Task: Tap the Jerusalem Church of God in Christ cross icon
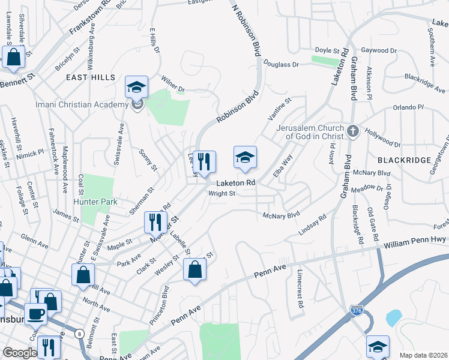coord(353,130)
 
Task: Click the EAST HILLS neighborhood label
coord(91,77)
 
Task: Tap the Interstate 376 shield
coord(355,310)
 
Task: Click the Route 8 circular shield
coord(79,334)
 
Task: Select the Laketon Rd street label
coord(236,182)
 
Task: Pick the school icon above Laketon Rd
coord(245,158)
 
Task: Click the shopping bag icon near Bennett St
coord(14,58)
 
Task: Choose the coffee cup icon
coord(36,313)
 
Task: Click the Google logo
coord(19,353)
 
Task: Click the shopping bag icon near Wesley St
coord(195,271)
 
